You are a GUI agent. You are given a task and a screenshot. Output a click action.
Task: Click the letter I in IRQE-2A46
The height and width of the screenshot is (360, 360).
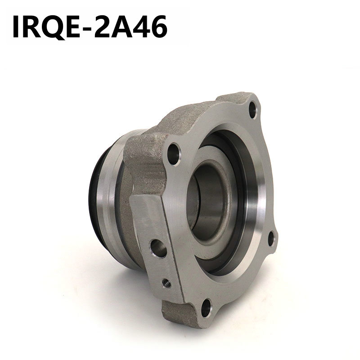(16, 27)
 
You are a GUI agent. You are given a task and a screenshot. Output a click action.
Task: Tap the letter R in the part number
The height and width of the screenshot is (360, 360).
(31, 27)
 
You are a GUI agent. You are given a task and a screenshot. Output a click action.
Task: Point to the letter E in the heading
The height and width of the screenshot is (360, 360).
(73, 27)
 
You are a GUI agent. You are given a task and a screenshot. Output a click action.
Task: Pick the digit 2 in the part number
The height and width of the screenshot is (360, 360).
(102, 27)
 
